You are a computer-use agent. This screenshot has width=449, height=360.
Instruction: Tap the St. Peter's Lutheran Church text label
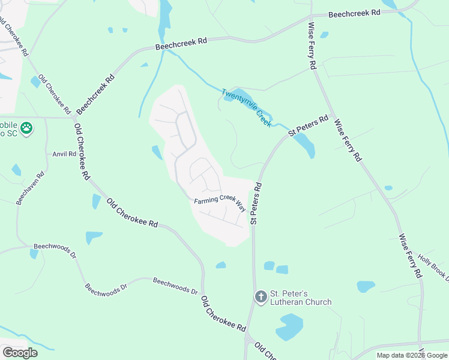tap(300, 298)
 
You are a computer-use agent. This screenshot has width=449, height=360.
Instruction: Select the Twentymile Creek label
tap(246, 107)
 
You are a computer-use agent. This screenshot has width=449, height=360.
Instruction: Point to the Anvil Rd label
tap(64, 154)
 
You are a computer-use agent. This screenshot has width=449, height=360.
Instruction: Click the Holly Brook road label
tap(433, 265)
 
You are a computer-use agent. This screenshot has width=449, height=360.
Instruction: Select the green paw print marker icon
tap(26, 127)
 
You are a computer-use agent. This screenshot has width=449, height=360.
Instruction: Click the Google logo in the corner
tap(20, 352)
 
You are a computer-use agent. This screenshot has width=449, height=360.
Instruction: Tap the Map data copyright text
tap(412, 355)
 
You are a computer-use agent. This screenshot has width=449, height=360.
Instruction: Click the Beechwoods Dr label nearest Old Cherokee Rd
tap(175, 285)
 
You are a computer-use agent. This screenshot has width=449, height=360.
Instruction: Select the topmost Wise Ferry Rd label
tap(312, 47)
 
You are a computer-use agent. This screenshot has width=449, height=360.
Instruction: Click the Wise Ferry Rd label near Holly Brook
tap(409, 255)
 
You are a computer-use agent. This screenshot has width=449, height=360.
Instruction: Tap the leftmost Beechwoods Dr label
tap(55, 251)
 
